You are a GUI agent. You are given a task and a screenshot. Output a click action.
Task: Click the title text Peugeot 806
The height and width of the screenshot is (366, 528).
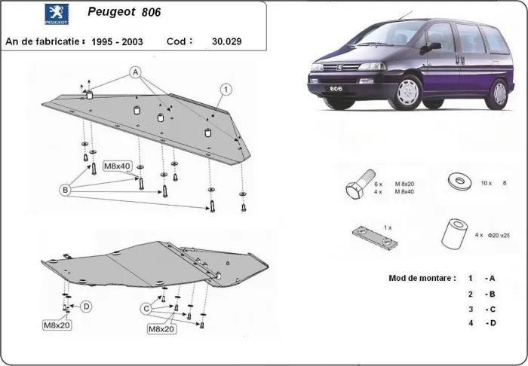coord(124,13)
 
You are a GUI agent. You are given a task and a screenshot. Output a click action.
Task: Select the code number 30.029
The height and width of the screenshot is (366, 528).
coord(228,41)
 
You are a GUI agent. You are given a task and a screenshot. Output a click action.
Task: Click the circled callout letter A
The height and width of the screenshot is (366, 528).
coord(136,72)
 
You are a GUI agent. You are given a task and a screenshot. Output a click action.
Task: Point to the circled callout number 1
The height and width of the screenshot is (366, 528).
coord(225,90)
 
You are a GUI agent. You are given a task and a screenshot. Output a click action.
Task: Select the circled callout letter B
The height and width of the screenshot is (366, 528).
coord(66,191)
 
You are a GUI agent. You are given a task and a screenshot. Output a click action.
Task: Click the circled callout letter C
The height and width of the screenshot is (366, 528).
coord(146,307)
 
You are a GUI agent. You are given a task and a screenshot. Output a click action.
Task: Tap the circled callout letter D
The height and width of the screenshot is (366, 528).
coord(87,306)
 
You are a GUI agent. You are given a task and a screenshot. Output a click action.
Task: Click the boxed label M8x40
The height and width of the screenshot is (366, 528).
coord(117,166)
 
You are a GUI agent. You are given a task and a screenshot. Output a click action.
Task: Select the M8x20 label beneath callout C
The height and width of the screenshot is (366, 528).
coord(161,329)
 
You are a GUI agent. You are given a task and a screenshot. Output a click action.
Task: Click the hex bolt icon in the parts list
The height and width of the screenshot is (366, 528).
coord(357,188)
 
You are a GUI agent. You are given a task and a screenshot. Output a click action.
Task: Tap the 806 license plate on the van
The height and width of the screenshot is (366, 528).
coord(334,89)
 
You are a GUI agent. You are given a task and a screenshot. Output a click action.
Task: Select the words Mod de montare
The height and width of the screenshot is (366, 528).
coord(422,278)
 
